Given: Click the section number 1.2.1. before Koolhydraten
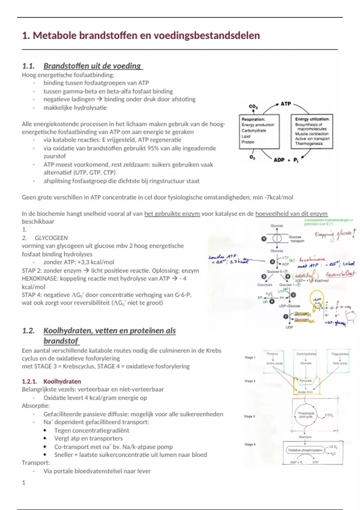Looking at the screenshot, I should (x=29, y=381).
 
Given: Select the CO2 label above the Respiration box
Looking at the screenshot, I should (x=253, y=106).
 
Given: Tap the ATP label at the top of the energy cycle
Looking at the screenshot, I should (x=286, y=104).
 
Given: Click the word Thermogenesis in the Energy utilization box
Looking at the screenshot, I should (x=309, y=144).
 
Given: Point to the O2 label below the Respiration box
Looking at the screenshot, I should (x=252, y=157).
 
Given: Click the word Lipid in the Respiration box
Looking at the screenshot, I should (x=246, y=136).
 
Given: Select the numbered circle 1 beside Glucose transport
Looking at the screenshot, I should (x=264, y=239).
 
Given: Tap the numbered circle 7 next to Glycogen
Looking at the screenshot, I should (x=286, y=316).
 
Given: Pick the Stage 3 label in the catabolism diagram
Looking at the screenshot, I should (x=250, y=416).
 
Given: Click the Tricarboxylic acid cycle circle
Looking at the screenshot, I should (x=306, y=415).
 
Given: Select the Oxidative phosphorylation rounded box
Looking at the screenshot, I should (x=305, y=450).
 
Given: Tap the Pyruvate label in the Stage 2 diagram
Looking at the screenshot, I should (x=305, y=381).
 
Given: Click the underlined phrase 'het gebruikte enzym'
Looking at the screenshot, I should (x=172, y=214).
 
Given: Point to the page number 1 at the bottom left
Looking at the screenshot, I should (x=24, y=483).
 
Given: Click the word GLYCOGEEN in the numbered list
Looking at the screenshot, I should (x=51, y=238).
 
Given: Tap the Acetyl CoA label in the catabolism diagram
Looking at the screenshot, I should (x=305, y=392).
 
